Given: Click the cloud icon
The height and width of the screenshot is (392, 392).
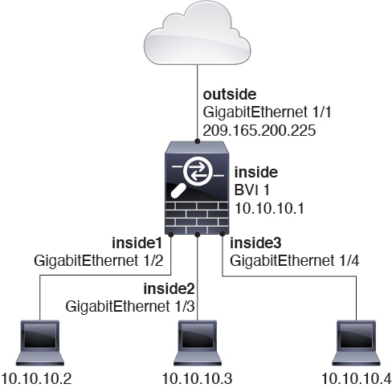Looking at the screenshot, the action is coord(198,34).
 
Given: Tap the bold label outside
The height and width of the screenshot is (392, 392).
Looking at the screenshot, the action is coord(230,95).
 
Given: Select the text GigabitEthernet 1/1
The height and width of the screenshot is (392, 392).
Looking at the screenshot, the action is coord(267,112).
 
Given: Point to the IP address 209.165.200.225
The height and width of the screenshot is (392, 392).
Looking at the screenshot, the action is coord(259,131).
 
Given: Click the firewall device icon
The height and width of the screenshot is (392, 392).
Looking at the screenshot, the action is coord(198,188).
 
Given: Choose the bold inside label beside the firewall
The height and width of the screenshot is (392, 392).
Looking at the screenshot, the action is coord(256,172).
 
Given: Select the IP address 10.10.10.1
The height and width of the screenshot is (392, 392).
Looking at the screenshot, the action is coord(269,208).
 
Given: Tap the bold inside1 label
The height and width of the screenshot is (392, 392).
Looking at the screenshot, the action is coord(137,243).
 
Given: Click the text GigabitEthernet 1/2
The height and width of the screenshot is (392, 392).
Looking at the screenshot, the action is coord(99,260).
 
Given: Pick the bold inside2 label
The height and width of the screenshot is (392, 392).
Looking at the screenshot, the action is coord(169,288).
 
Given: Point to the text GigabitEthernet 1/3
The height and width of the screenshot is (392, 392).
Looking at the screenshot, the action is coord(130,306).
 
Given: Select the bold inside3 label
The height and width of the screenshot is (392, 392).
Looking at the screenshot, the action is coord(255,243).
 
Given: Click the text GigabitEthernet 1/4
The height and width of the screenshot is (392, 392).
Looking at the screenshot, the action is coord(295,260).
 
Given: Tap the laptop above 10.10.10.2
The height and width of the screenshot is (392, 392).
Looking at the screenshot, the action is coord(40,343).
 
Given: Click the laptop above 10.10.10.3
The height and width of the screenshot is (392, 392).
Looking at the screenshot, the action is coord(198,343).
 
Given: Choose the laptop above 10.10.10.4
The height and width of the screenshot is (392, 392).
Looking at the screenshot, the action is coord(357,343).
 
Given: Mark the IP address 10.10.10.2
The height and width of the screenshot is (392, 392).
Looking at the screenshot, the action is coord(36,379).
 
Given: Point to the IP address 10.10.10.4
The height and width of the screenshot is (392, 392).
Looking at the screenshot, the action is coord(357,379).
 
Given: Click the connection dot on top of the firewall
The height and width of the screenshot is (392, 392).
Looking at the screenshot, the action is coord(198,141).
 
